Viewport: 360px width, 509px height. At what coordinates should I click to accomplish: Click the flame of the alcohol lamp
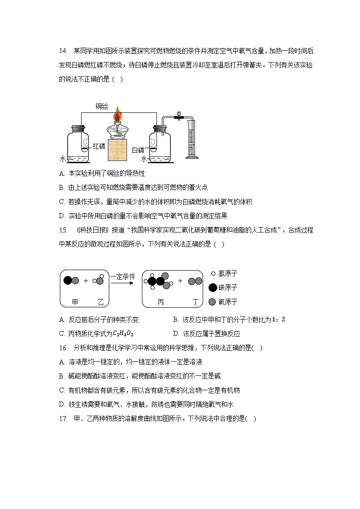(x=118, y=113)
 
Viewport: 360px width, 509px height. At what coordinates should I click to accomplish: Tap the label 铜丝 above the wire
(x=102, y=107)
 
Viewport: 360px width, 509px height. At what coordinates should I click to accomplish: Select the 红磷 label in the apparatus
(x=99, y=146)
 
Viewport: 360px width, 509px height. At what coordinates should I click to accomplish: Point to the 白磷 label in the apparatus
(x=137, y=150)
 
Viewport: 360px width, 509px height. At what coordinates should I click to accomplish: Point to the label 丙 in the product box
(x=161, y=301)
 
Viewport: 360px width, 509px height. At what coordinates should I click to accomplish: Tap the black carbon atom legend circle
(x=212, y=287)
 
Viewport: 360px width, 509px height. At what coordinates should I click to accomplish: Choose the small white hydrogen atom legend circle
(x=213, y=274)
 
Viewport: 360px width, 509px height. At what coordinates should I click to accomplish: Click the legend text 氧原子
(x=228, y=301)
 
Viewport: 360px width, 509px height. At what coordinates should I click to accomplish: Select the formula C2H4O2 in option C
(x=123, y=334)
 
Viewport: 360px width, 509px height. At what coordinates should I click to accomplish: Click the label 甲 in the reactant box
(x=75, y=301)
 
